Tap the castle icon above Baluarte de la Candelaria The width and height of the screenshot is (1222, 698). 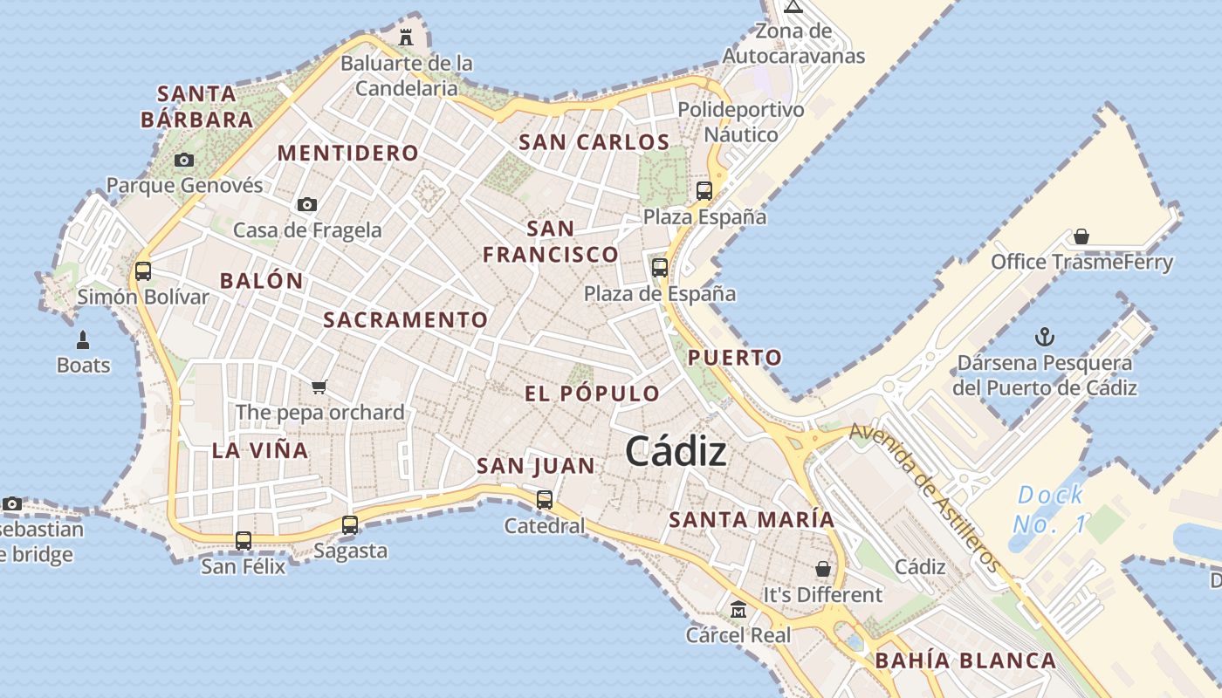[x=406, y=37]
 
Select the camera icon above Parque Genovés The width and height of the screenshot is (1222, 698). [x=183, y=160]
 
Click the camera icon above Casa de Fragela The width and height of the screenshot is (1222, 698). [x=307, y=204]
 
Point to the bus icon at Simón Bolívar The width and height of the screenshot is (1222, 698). [x=143, y=270]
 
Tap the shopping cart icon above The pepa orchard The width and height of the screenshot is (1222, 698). [x=319, y=387]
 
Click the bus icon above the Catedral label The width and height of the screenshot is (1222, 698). [x=545, y=500]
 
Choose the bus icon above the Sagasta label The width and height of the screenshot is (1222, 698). [x=350, y=525]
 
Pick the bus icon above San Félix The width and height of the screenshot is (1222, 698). [x=244, y=541]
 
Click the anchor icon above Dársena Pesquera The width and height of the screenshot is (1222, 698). [x=1044, y=337]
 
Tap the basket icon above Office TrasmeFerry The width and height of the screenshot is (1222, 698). [x=1081, y=236]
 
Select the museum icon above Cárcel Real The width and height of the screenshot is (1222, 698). [x=738, y=609]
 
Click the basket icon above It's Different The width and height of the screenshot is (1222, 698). [x=823, y=569]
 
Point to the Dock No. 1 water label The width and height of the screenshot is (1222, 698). [x=1050, y=510]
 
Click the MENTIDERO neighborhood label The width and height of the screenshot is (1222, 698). [x=348, y=154]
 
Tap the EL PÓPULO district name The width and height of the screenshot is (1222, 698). [x=593, y=393]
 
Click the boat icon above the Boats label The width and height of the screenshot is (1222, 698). [x=83, y=340]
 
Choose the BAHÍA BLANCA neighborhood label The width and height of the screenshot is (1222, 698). [x=965, y=660]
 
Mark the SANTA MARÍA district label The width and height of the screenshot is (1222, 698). [x=752, y=520]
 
